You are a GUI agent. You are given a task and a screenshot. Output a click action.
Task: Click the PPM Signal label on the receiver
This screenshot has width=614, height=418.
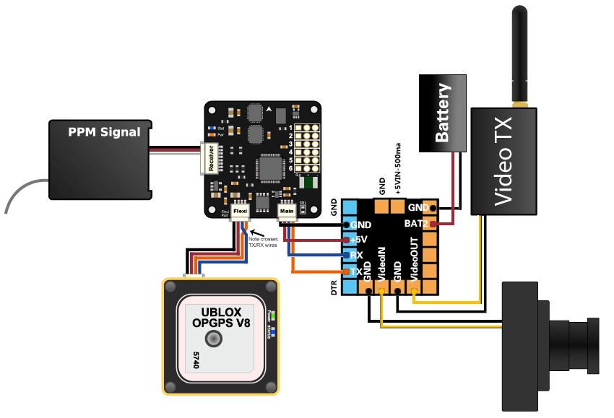tap(99, 132)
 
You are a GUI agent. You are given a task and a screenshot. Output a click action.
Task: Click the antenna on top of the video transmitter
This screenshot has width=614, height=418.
tap(519, 54)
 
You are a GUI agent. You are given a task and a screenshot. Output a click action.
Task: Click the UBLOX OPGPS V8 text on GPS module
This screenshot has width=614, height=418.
tap(221, 318)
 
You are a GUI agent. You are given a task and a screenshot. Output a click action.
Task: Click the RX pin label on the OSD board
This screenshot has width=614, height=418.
tap(356, 256)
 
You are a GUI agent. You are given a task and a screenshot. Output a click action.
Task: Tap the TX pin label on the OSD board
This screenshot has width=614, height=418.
tap(355, 271)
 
